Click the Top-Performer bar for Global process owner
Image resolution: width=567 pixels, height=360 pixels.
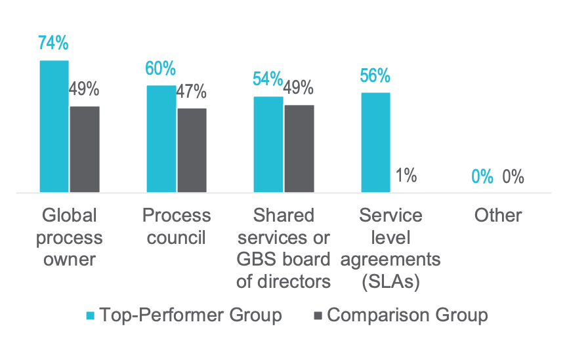tap(54, 126)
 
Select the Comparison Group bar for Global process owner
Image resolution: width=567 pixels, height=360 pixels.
tap(85, 149)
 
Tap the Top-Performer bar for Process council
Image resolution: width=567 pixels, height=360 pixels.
tap(161, 138)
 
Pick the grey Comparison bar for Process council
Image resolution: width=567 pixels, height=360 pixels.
tap(192, 150)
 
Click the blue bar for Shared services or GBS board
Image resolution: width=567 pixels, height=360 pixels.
tap(268, 144)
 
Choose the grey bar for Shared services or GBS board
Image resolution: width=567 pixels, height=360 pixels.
tap(299, 148)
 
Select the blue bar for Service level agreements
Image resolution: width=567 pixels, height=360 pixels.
tap(375, 142)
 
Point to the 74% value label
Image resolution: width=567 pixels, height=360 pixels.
tap(53, 43)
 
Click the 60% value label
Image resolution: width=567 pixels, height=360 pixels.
tap(160, 68)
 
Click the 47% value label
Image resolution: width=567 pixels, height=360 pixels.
tap(192, 91)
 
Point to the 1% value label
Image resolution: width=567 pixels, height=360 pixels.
tap(406, 175)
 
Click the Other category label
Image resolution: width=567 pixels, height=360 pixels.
tap(498, 216)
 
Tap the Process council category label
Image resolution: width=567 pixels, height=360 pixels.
tap(177, 226)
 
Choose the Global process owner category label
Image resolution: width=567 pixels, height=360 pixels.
tap(70, 237)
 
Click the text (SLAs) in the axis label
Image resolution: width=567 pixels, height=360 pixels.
tap(390, 282)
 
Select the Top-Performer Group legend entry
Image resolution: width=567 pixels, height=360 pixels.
tap(184, 315)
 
